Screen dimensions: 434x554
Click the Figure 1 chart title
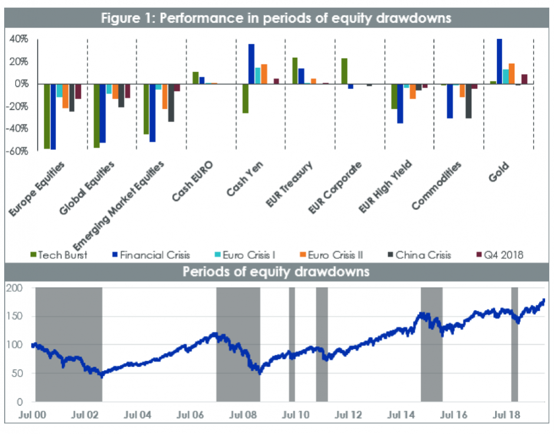coord(276,18)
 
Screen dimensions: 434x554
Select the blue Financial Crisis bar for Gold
coord(500,61)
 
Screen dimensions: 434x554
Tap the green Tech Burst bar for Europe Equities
coord(47,116)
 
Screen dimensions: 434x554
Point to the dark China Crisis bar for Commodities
coord(469,101)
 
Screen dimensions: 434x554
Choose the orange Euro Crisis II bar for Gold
coord(512,74)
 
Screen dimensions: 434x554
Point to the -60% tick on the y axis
coord(18,150)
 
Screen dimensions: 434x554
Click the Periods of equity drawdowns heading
coord(276,272)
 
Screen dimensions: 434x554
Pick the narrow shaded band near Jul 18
coord(515,344)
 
